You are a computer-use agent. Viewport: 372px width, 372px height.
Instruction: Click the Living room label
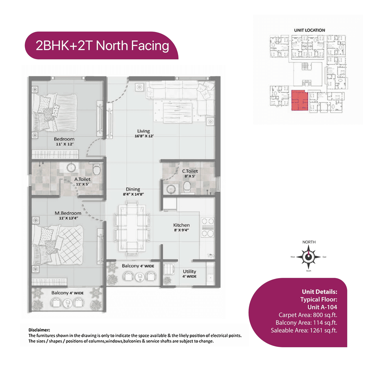click(144, 131)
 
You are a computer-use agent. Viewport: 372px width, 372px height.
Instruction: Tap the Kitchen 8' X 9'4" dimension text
click(181, 230)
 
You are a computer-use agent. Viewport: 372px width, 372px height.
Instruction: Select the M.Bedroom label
click(68, 213)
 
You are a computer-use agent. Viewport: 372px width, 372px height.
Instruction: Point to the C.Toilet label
click(190, 171)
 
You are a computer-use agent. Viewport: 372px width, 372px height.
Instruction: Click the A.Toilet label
click(82, 179)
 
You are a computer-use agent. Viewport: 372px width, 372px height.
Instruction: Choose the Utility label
click(189, 271)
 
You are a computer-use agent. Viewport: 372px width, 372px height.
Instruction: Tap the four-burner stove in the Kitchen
click(208, 227)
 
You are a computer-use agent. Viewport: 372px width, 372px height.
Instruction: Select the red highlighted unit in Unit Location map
click(299, 100)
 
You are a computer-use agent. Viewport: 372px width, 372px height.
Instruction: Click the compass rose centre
click(308, 257)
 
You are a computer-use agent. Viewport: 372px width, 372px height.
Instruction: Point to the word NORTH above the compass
click(309, 242)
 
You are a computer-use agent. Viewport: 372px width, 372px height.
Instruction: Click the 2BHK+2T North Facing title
click(102, 46)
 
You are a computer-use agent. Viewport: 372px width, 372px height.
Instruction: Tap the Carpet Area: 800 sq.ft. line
click(307, 315)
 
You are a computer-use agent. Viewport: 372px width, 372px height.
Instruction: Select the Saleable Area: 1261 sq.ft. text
click(304, 330)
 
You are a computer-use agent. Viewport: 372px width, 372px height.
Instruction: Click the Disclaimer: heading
click(39, 330)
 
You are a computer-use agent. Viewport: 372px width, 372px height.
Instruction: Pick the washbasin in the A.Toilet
click(71, 167)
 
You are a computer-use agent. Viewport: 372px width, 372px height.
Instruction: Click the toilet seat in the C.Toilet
click(187, 187)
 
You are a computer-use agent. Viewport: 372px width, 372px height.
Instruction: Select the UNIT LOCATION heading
click(309, 30)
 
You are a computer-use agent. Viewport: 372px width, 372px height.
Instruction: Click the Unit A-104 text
click(322, 307)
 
